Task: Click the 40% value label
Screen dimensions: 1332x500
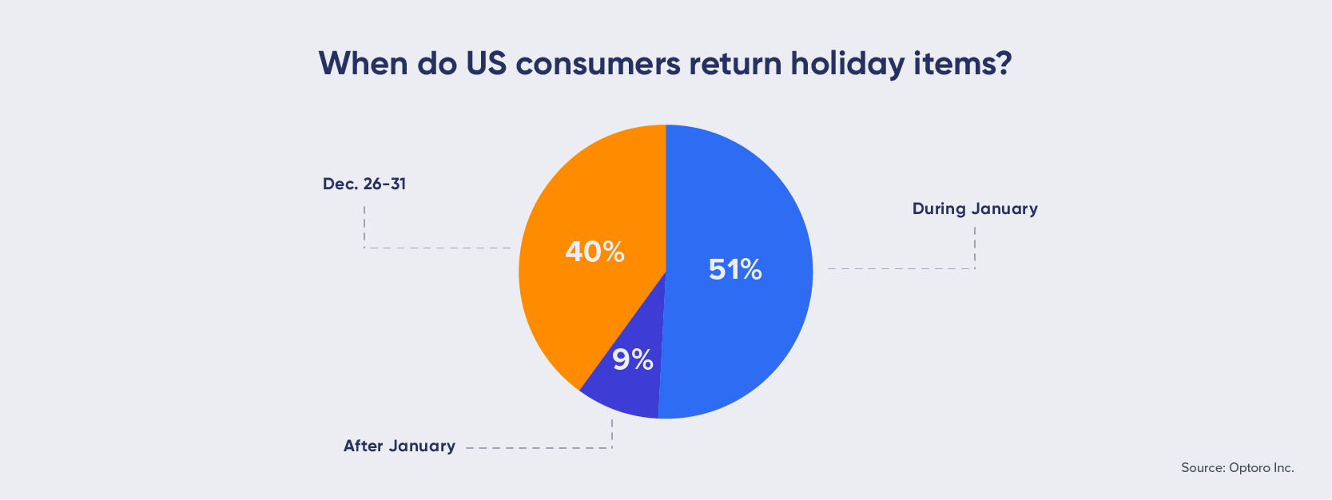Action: coord(594,252)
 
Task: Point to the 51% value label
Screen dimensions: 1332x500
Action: coord(735,269)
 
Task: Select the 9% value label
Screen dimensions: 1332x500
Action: coord(633,359)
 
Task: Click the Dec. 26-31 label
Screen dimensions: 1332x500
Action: coord(364,184)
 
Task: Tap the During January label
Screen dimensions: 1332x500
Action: coord(975,208)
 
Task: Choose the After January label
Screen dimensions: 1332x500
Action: coord(399,446)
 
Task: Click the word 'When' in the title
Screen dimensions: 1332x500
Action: coord(364,63)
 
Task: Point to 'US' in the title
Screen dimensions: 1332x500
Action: coord(486,63)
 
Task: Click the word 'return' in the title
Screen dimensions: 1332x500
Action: coord(735,64)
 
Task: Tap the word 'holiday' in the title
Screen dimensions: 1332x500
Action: coord(847,64)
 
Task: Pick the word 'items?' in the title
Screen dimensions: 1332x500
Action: coord(962,63)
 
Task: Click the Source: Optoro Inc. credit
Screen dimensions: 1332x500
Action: coord(1238,468)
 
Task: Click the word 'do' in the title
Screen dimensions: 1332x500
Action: coord(437,63)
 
